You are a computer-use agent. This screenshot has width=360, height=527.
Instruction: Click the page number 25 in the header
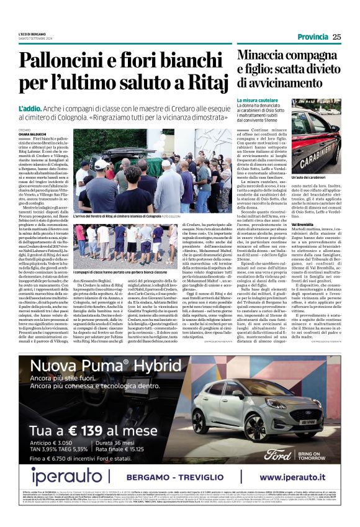tap(336, 37)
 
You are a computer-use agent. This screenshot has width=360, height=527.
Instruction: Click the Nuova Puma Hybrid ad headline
tap(93, 365)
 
